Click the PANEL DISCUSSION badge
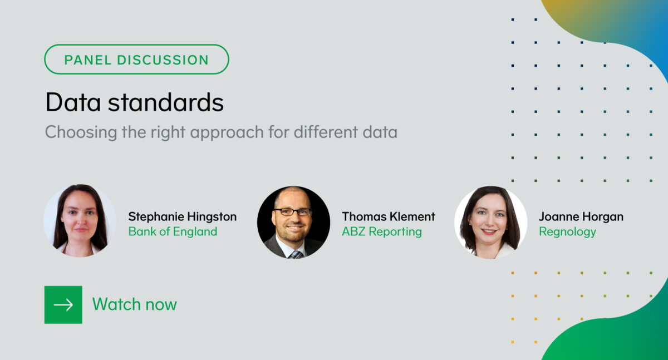coord(136,60)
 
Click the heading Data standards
coord(134,102)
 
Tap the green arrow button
coord(63,304)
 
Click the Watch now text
coord(134,304)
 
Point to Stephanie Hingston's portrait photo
coord(80,220)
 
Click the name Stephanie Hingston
coord(182,216)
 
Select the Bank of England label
coord(173,231)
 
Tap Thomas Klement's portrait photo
coord(293,222)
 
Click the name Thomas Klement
coord(389,216)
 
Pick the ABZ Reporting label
coord(382,231)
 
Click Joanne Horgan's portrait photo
coord(490,221)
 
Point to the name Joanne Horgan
coord(581,216)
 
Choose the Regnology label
coord(567,231)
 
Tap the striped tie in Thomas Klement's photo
coord(296,254)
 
